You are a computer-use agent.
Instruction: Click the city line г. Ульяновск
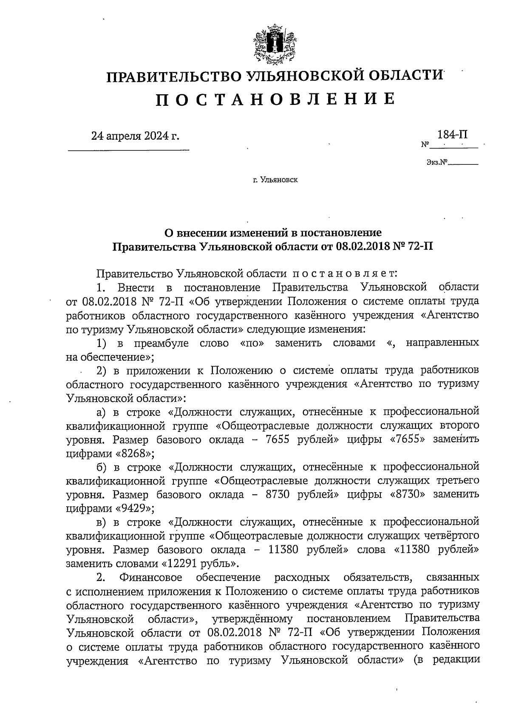tap(275, 180)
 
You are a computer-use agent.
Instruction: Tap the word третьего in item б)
tap(458, 481)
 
